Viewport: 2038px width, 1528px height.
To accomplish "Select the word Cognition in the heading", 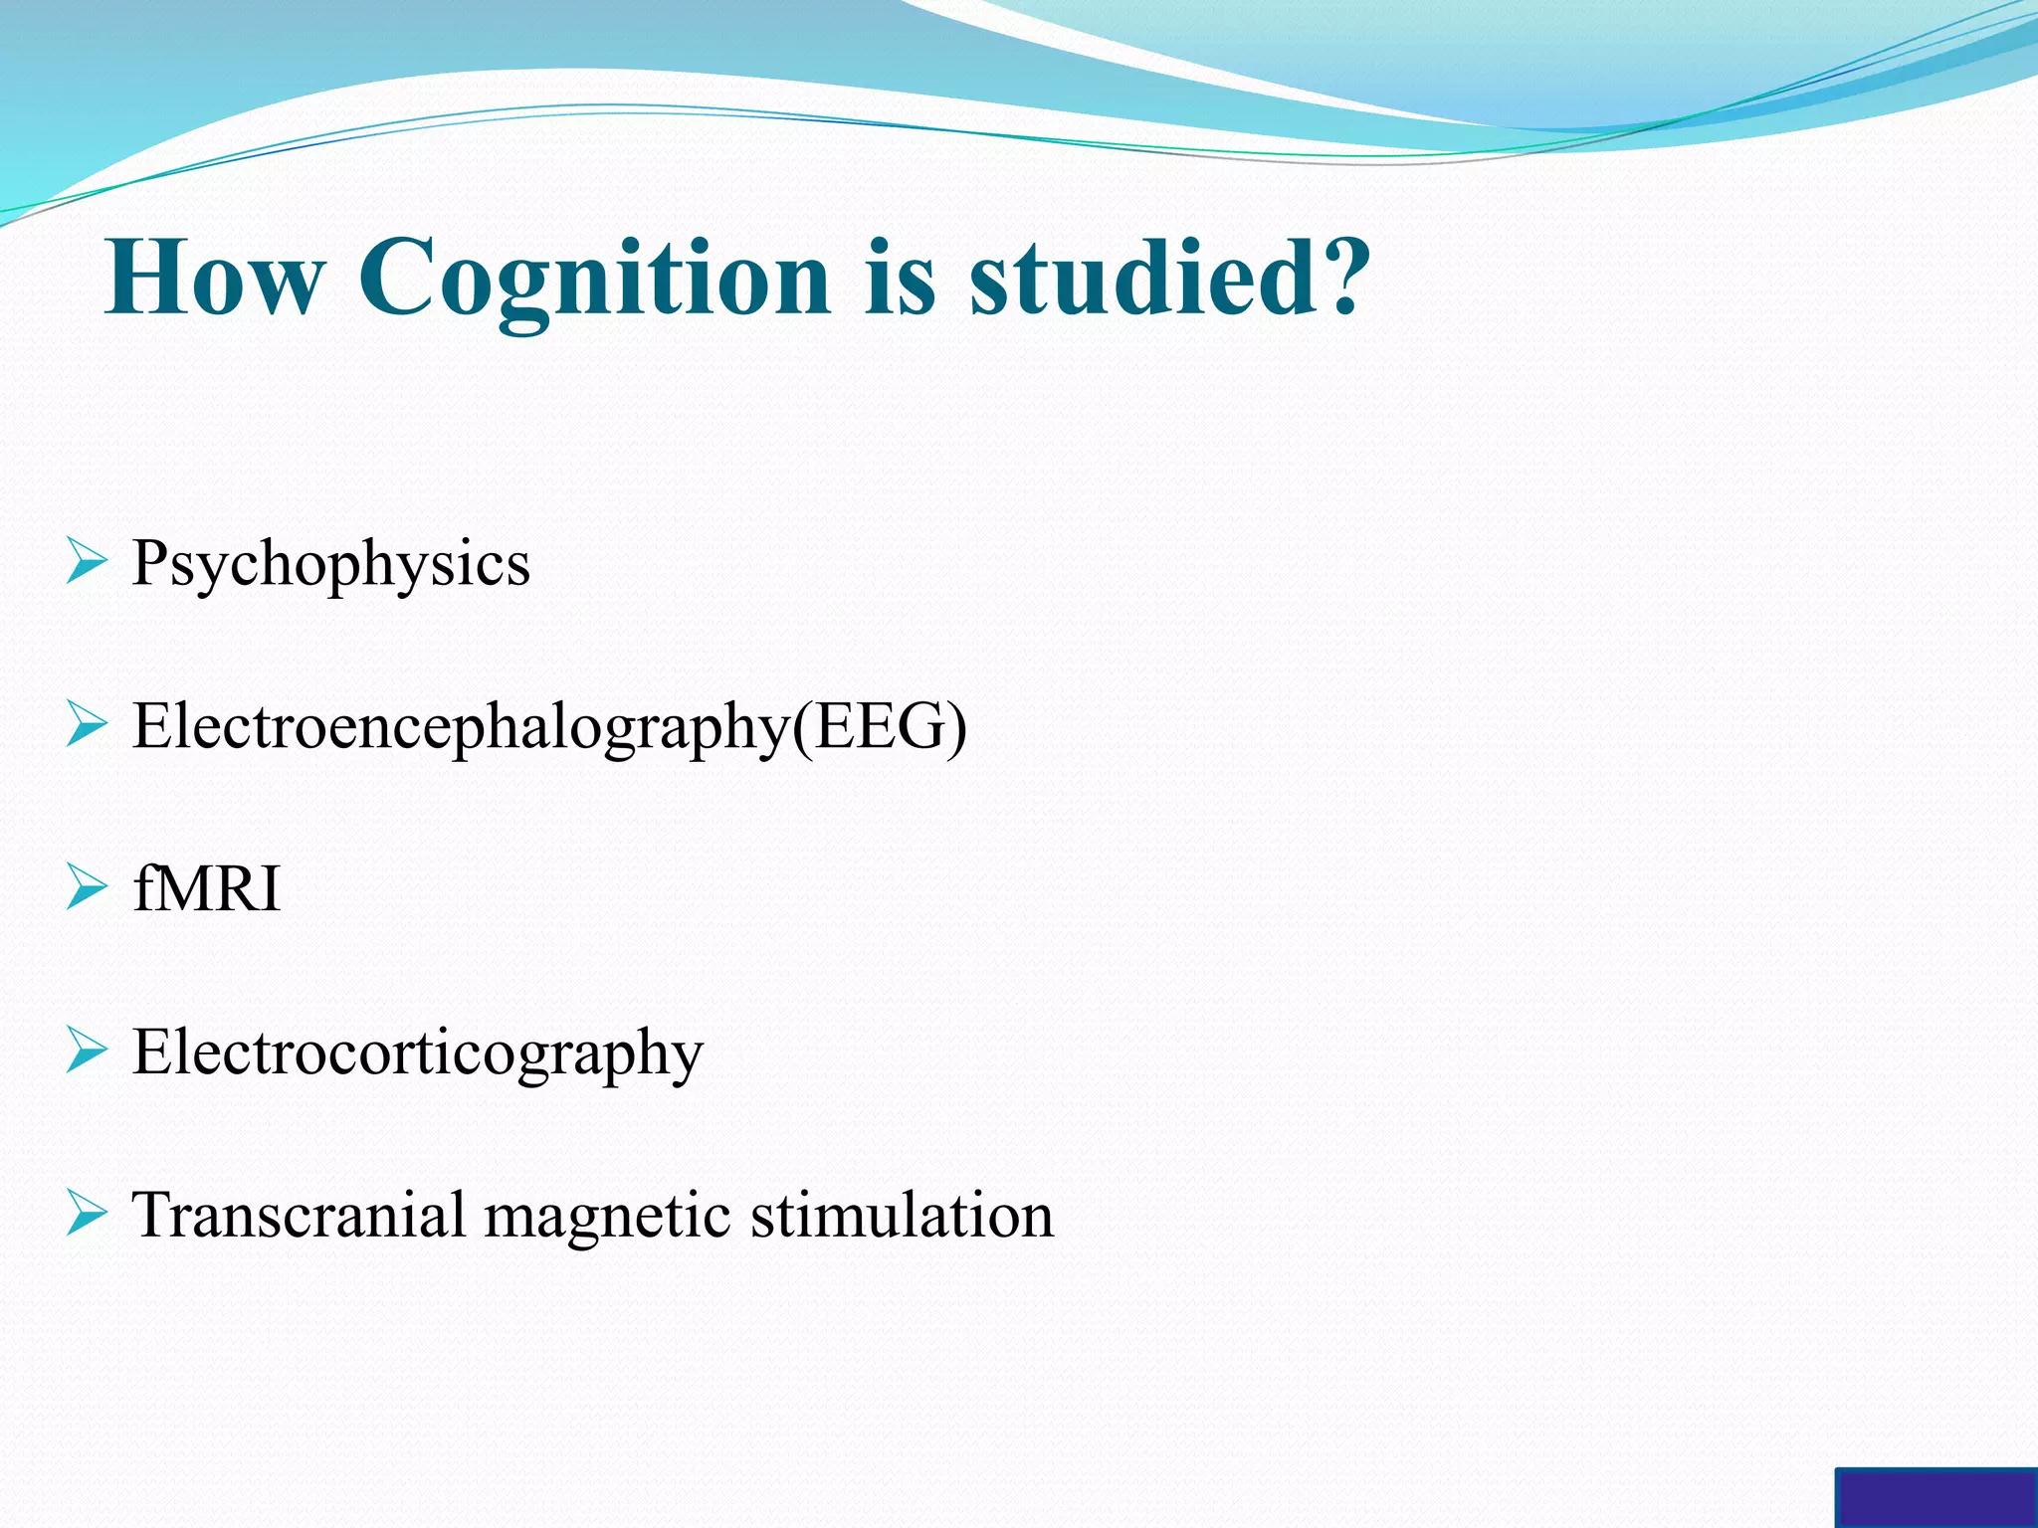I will pos(593,280).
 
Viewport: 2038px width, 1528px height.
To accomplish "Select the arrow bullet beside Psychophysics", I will pos(87,562).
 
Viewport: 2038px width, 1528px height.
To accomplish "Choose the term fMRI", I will pos(206,888).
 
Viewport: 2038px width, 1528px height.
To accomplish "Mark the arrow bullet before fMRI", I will pos(87,887).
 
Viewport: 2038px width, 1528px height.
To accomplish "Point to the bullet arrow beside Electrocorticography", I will pos(87,1050).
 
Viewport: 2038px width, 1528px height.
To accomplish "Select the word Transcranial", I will pos(299,1215).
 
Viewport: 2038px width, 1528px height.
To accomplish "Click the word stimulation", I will pos(902,1215).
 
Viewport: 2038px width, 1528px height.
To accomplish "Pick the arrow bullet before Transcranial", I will pos(87,1214).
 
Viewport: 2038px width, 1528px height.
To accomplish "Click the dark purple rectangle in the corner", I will pos(1936,1498).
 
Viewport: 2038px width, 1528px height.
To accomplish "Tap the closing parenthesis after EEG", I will pos(955,727).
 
